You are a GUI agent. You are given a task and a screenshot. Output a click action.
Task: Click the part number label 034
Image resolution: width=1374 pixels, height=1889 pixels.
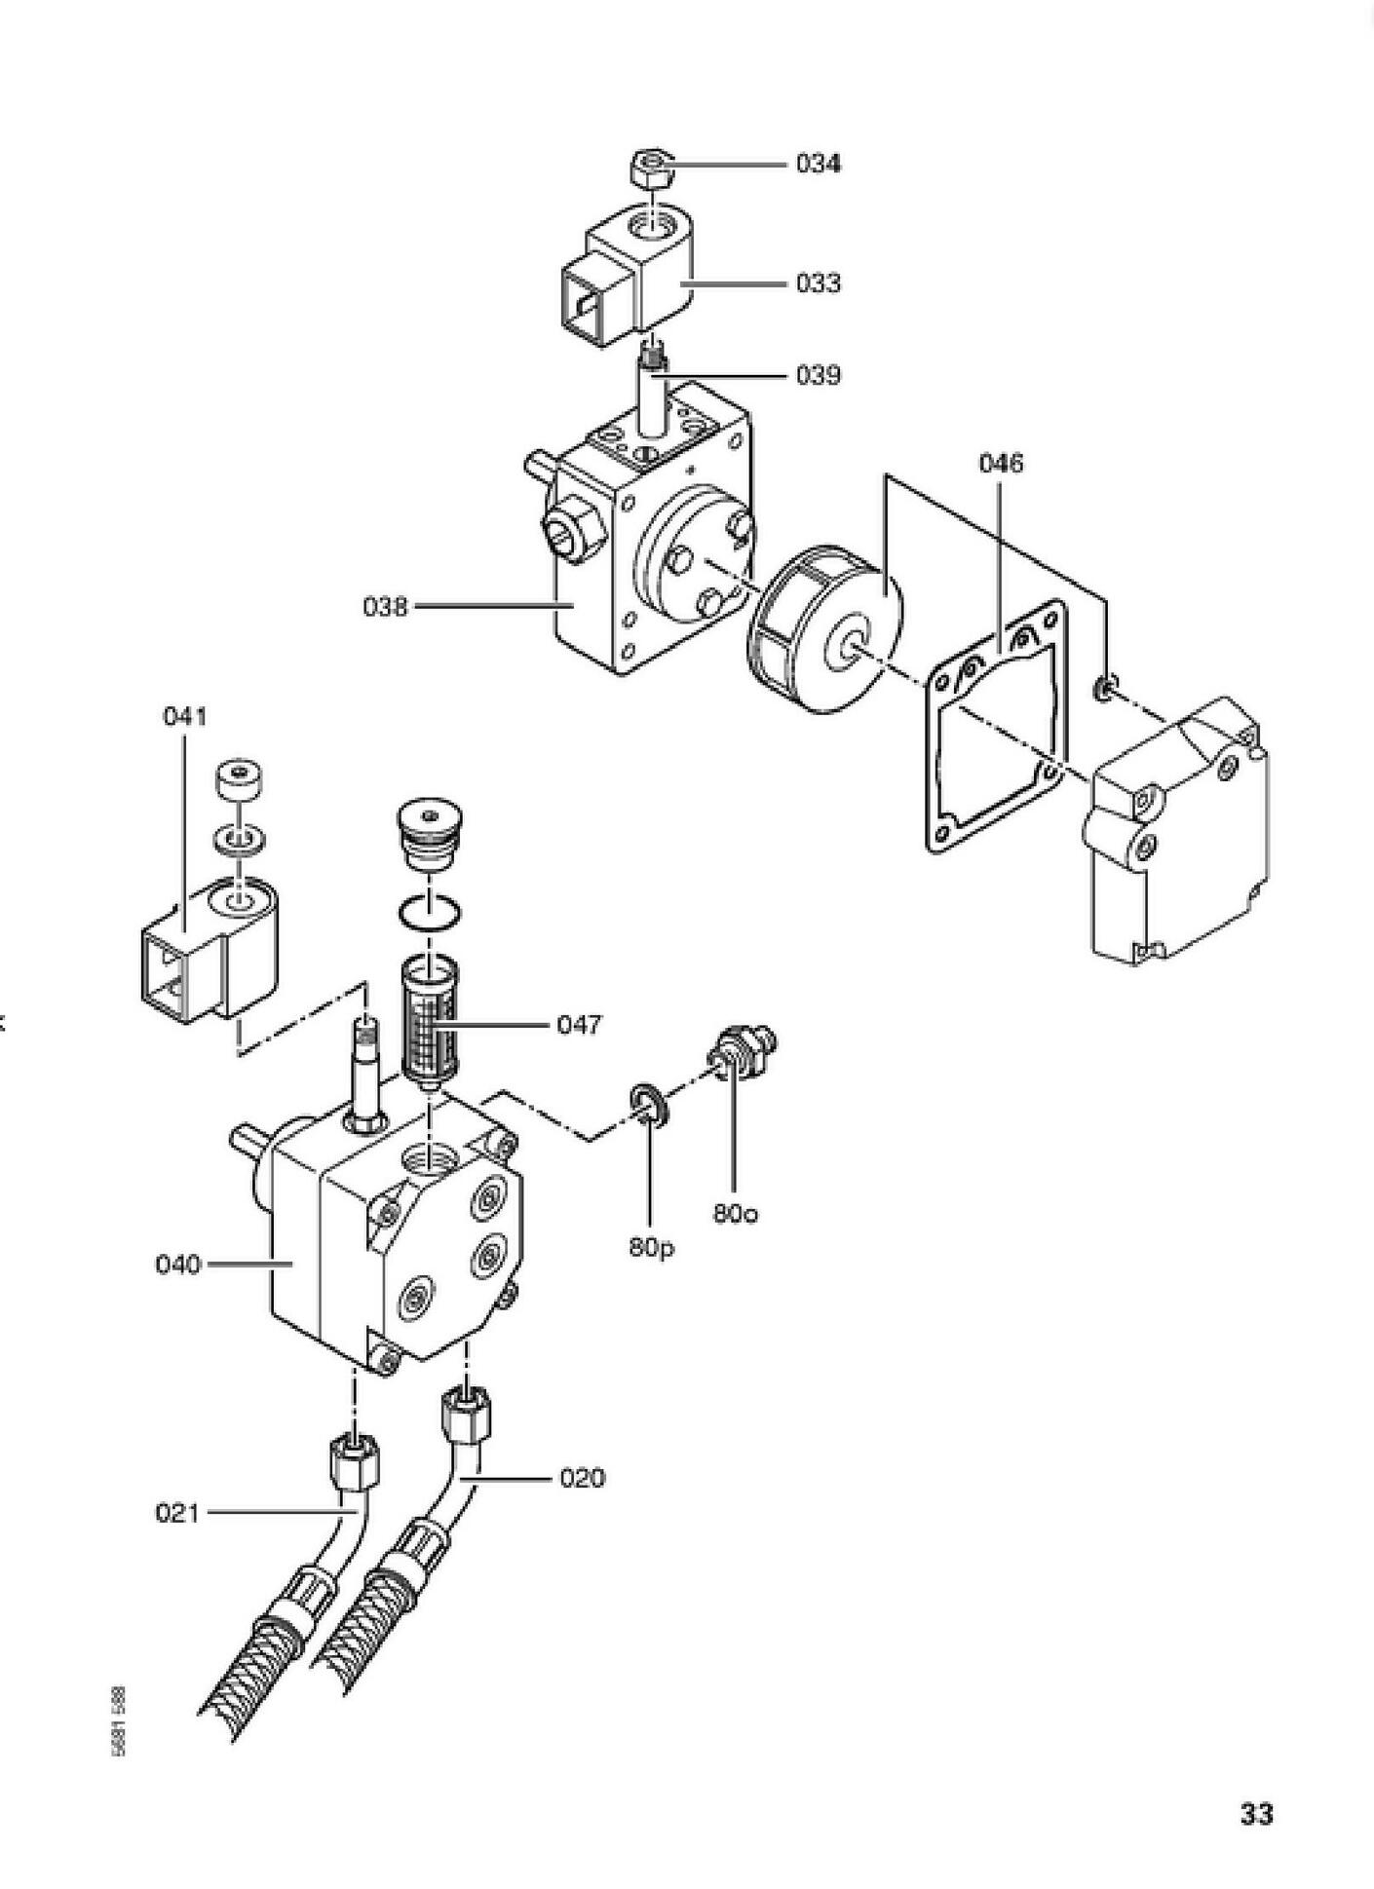coord(818,164)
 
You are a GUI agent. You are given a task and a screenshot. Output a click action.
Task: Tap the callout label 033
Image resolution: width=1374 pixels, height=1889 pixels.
coord(818,283)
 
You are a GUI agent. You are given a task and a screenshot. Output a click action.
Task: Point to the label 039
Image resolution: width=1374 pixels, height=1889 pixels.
coord(818,375)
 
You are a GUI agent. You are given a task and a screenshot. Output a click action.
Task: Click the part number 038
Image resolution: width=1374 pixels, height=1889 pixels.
coord(386,607)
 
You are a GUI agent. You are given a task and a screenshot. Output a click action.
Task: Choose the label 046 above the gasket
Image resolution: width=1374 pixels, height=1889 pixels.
coord(1001,463)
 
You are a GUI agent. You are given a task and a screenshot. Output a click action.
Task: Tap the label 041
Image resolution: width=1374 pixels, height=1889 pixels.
coord(185,717)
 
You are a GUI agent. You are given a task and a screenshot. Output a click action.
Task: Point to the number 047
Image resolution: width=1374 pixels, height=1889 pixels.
coord(580,1024)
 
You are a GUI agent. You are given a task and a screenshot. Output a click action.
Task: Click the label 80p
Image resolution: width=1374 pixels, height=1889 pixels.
coord(651,1247)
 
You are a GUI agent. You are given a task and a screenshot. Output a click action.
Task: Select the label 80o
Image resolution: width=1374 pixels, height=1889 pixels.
coord(736,1214)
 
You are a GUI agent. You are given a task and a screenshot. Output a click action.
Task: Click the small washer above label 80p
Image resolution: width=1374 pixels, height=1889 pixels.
coord(649,1101)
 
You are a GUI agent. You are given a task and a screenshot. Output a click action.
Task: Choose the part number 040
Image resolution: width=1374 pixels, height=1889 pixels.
coord(178,1265)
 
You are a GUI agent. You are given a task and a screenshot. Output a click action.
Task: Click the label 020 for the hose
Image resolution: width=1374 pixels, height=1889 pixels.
coord(582,1478)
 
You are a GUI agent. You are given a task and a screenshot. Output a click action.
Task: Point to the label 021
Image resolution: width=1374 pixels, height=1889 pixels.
coord(178,1513)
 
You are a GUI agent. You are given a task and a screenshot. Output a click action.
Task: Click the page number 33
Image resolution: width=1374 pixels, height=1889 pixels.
coord(1256,1813)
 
